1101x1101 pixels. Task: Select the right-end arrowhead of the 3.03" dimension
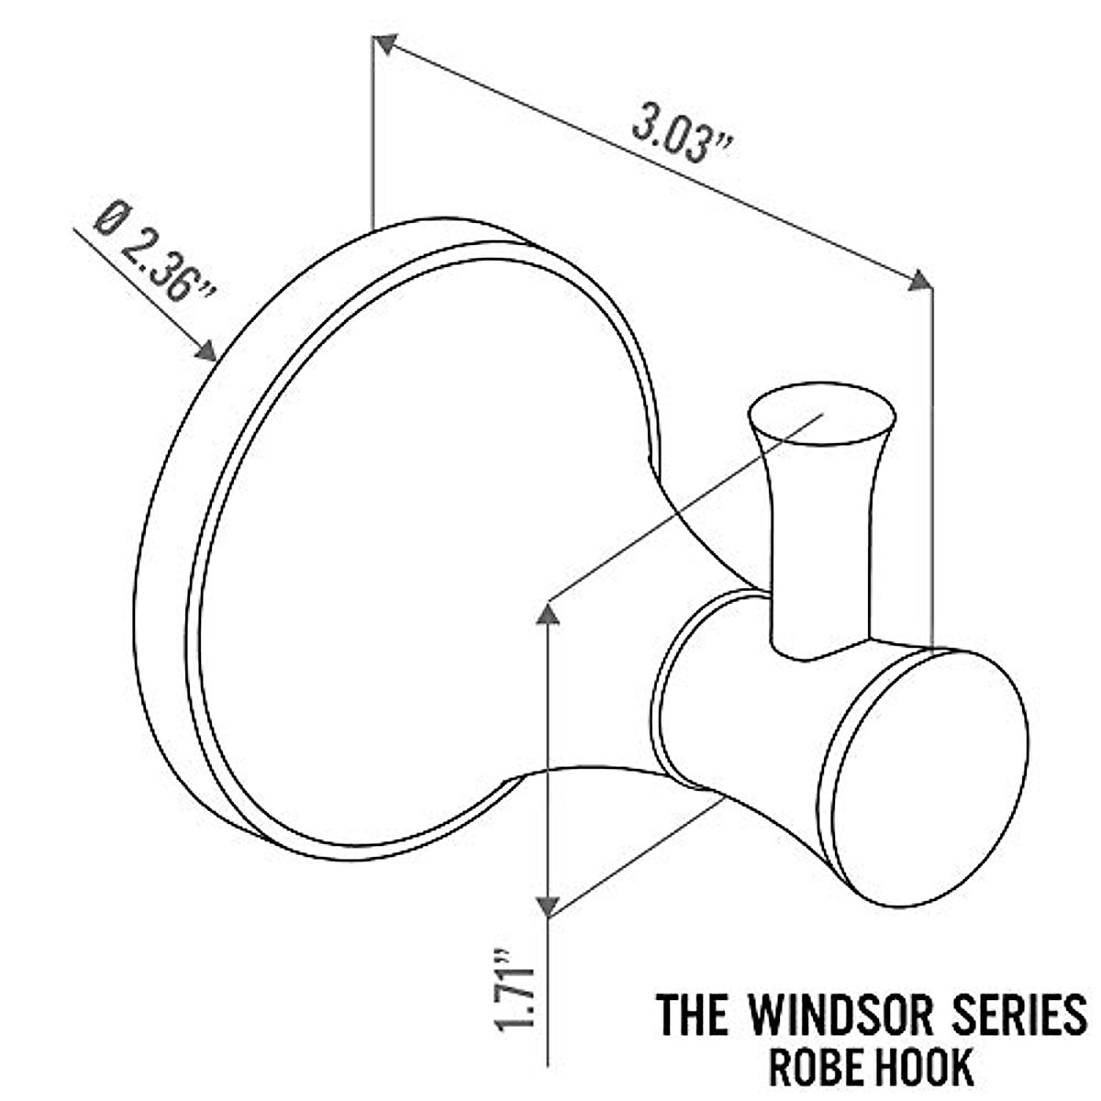click(919, 281)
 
